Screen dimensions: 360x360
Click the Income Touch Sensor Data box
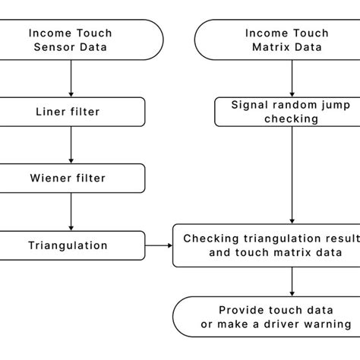tap(71, 40)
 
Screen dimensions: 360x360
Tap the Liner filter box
tap(71, 112)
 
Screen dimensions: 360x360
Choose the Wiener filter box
tap(71, 178)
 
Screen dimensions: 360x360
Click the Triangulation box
tap(71, 245)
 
